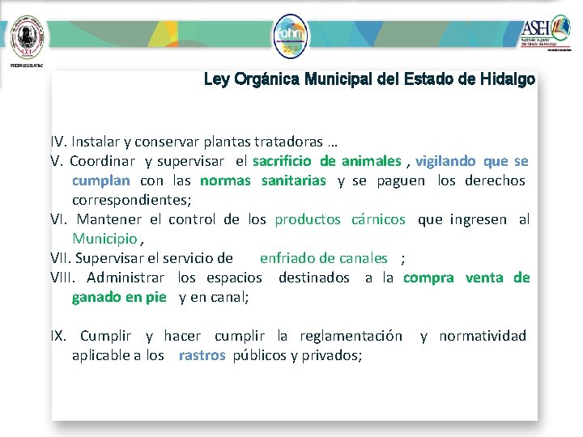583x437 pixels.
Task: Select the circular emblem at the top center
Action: coord(291,36)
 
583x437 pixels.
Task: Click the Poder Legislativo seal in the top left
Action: coord(26,34)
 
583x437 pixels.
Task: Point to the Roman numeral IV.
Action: coord(60,142)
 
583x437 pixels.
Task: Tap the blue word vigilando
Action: coord(445,161)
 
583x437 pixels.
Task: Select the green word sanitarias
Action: coord(293,180)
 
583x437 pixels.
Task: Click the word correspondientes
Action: coord(131,200)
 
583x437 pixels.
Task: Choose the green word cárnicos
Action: coord(378,219)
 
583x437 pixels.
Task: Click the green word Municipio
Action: coord(104,239)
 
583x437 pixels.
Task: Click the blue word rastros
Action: coord(202,355)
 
